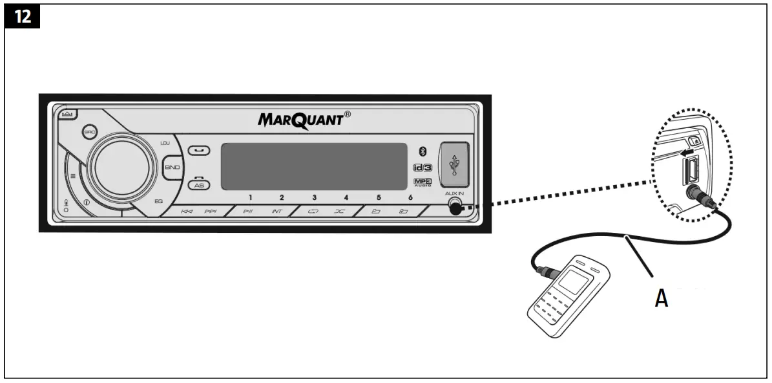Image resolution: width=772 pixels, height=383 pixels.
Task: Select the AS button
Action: pyautogui.click(x=199, y=184)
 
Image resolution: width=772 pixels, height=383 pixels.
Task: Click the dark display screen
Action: pyautogui.click(x=314, y=166)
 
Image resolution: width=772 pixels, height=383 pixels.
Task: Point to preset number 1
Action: pyautogui.click(x=251, y=197)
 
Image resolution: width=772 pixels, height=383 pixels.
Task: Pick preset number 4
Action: pyautogui.click(x=346, y=197)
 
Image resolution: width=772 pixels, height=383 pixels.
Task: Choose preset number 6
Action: pyautogui.click(x=410, y=197)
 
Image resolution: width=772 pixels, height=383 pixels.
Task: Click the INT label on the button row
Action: pyautogui.click(x=276, y=212)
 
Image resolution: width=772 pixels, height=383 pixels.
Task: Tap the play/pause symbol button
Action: pyautogui.click(x=248, y=212)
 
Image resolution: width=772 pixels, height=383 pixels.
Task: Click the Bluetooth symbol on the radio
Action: pyautogui.click(x=423, y=151)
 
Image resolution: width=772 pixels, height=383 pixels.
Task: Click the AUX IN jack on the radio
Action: pyautogui.click(x=456, y=208)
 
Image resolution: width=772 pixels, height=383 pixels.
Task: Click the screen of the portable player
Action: pyautogui.click(x=572, y=281)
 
